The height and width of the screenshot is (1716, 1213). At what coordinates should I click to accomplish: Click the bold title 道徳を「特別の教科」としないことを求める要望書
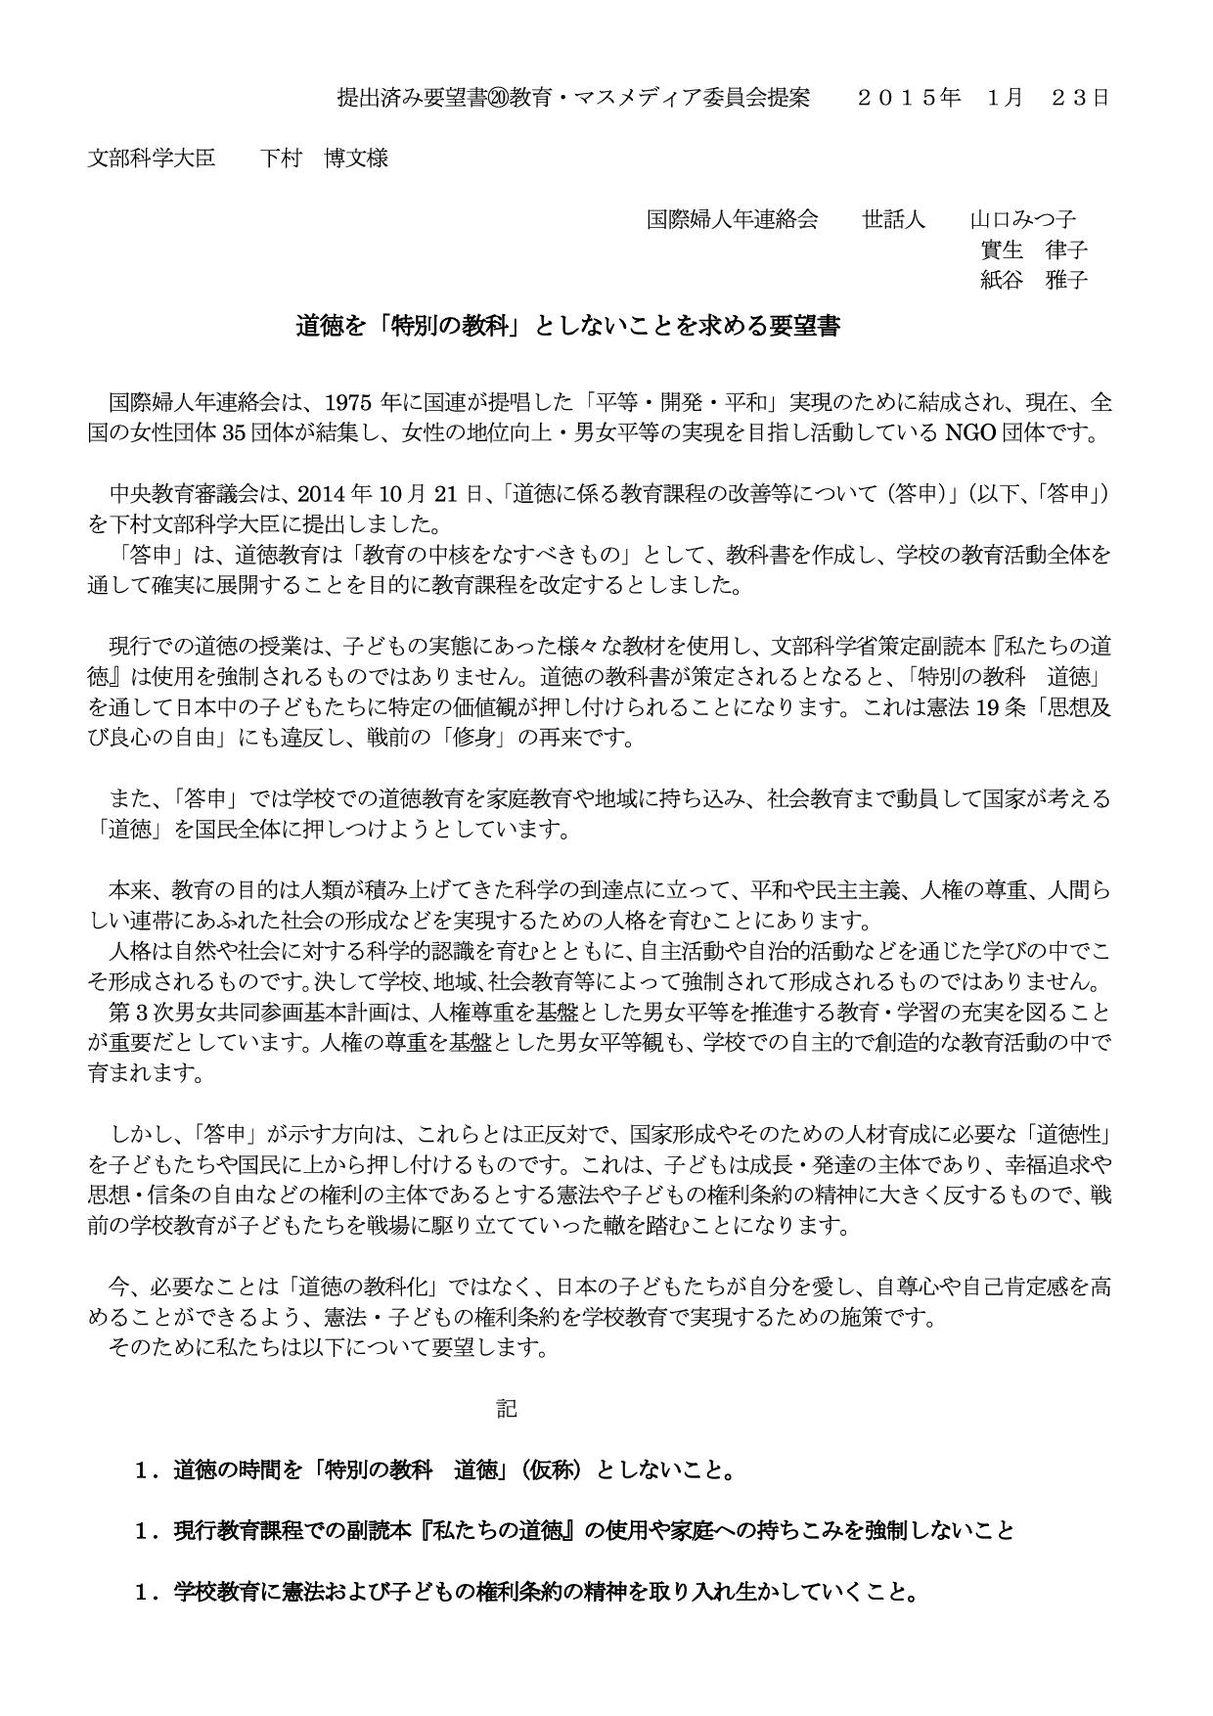click(567, 327)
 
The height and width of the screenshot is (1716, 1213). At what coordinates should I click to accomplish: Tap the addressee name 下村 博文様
click(324, 158)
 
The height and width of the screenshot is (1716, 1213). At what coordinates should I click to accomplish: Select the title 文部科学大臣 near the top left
click(152, 158)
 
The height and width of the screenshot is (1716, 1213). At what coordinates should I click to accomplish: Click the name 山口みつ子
click(1022, 218)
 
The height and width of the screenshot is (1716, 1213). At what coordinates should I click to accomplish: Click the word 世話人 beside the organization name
click(893, 218)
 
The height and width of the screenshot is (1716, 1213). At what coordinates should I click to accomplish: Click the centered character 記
click(506, 1408)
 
